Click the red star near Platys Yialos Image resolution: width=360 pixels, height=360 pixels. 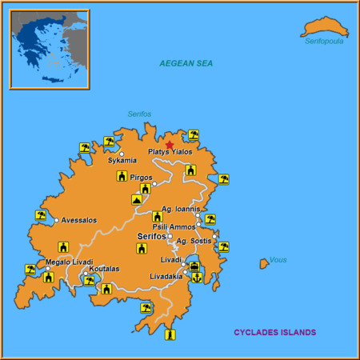pyautogui.click(x=169, y=145)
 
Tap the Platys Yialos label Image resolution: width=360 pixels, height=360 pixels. pyautogui.click(x=170, y=152)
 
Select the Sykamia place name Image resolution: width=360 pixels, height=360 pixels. pyautogui.click(x=122, y=161)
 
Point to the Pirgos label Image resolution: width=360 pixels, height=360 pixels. pyautogui.click(x=140, y=177)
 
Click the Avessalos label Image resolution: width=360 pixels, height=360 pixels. pyautogui.click(x=79, y=220)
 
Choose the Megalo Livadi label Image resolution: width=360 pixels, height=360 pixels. pyautogui.click(x=69, y=262)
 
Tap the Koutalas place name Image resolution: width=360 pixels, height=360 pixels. pyautogui.click(x=104, y=269)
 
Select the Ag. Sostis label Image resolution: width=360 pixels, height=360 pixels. pyautogui.click(x=194, y=241)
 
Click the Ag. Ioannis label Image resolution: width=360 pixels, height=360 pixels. pyautogui.click(x=180, y=210)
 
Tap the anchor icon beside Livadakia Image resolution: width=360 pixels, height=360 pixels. pyautogui.click(x=194, y=277)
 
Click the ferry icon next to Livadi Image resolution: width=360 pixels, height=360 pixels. pyautogui.click(x=194, y=266)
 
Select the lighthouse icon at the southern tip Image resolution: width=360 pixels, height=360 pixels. pyautogui.click(x=170, y=334)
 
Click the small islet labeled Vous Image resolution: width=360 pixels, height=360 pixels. pyautogui.click(x=263, y=263)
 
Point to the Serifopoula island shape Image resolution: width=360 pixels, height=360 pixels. pyautogui.click(x=324, y=28)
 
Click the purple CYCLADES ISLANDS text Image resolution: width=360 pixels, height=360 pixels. pyautogui.click(x=274, y=332)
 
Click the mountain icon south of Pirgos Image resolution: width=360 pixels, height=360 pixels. pyautogui.click(x=137, y=200)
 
